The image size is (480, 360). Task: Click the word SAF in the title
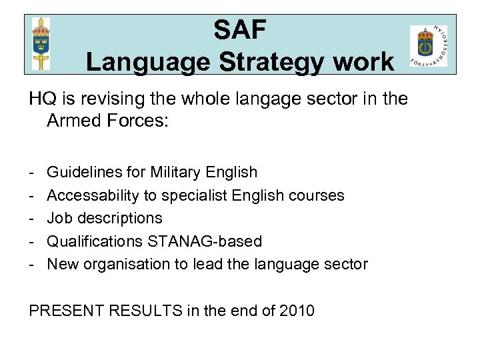(240, 30)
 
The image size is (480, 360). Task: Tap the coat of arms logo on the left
(41, 43)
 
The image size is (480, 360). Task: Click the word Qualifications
(93, 241)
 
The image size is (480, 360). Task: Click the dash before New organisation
(32, 264)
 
